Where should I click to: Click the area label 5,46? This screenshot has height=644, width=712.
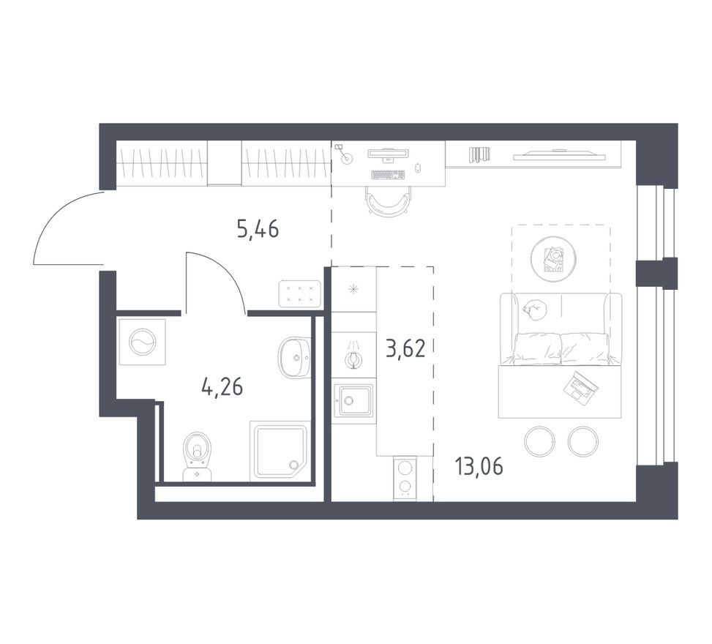pos(258,230)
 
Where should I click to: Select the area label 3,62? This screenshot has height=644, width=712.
pos(405,346)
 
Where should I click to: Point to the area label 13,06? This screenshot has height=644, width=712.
pos(479,465)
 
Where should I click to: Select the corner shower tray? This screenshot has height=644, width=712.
pos(280,450)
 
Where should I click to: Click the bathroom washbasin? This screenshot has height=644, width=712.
pos(294,358)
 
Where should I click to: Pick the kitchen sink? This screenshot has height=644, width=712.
pos(353,400)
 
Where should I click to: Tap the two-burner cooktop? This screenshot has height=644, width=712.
pos(405,478)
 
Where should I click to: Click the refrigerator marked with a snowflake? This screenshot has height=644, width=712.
pos(354,289)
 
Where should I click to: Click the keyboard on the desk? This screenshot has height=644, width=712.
pos(388,175)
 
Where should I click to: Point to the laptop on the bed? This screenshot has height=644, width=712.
pos(581,385)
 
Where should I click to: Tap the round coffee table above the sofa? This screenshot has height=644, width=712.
pos(553,258)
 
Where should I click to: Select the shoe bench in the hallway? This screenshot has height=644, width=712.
pos(300,293)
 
